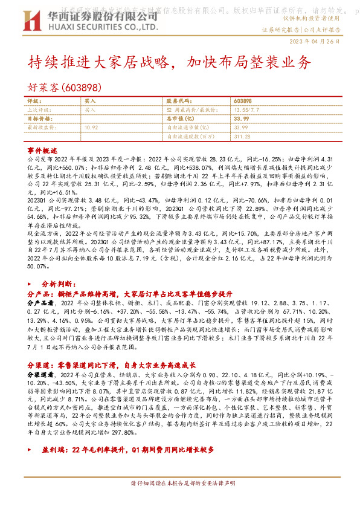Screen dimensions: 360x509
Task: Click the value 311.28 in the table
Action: [x=241, y=137]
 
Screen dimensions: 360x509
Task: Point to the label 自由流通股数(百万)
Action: [x=187, y=137]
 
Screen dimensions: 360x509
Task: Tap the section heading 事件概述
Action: [x=42, y=150]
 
